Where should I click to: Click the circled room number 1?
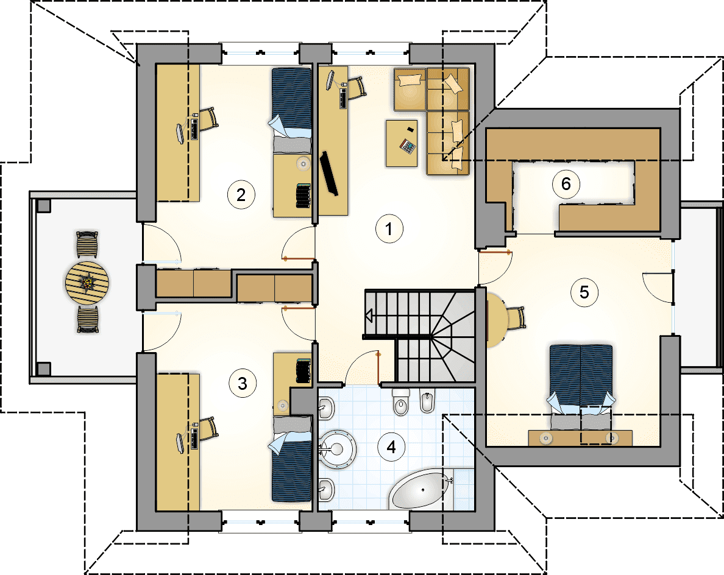(x=389, y=228)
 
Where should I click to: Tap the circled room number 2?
(x=241, y=195)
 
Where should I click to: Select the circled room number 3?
(x=242, y=383)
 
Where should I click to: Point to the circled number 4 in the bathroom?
(x=391, y=446)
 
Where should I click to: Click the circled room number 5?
(x=584, y=292)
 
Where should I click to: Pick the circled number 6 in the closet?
(x=566, y=184)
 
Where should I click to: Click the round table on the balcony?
(x=87, y=283)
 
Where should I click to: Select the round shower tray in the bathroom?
(x=338, y=448)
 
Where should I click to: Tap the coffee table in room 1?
(x=402, y=143)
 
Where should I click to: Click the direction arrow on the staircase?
(x=369, y=316)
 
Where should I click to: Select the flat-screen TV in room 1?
(x=328, y=173)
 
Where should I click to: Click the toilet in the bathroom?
(x=400, y=402)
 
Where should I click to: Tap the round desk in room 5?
(x=496, y=319)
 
